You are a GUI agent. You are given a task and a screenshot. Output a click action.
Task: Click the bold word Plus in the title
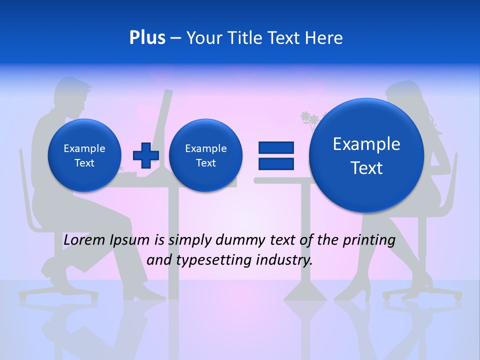click(147, 38)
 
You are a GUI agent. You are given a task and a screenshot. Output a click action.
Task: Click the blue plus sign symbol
click(146, 155)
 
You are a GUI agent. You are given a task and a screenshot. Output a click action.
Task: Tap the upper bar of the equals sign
click(276, 147)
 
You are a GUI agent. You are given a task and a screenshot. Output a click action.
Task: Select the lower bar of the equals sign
click(276, 163)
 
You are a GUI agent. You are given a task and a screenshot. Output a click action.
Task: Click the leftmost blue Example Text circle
click(84, 155)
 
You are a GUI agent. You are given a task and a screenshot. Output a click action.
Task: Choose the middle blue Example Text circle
click(205, 155)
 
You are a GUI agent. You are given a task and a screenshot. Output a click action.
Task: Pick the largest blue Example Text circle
click(366, 155)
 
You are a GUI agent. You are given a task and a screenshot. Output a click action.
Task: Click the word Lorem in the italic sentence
click(84, 240)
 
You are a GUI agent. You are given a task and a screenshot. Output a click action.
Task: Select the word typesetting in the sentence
click(213, 260)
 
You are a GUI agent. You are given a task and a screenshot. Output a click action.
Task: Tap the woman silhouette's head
click(402, 97)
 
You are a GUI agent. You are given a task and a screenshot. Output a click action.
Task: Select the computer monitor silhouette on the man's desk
click(163, 125)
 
